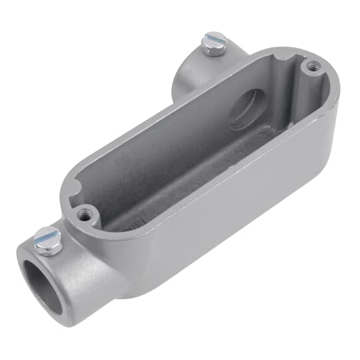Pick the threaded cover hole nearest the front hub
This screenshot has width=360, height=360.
click(x=83, y=215)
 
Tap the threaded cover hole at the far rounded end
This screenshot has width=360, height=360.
click(x=311, y=65)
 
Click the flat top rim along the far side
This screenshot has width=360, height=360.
click(x=167, y=110)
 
